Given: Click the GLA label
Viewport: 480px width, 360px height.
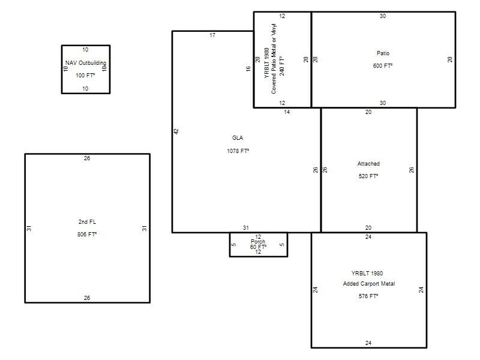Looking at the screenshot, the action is click(x=238, y=138).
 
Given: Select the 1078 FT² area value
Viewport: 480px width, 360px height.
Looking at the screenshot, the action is click(x=238, y=151).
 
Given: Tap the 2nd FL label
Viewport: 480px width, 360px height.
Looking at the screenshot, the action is click(x=87, y=221).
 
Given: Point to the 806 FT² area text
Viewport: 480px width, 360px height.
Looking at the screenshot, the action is click(x=87, y=234).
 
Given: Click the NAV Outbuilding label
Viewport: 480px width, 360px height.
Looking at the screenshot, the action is click(x=86, y=63).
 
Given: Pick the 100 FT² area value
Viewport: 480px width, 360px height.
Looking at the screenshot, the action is click(x=85, y=76).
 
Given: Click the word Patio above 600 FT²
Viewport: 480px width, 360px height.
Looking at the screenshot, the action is click(x=383, y=53).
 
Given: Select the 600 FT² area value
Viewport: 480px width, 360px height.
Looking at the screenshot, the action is click(x=383, y=66).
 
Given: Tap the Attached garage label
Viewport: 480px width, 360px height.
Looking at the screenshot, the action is click(x=368, y=164).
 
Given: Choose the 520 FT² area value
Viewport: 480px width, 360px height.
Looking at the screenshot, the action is click(x=368, y=176).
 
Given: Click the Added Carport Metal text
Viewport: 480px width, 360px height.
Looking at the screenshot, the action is click(x=369, y=284).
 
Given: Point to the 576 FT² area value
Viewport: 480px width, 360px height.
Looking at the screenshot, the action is click(x=368, y=296).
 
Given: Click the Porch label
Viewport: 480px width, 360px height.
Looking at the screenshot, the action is click(x=258, y=242).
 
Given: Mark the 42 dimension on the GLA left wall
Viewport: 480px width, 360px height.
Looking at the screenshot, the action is click(x=176, y=131).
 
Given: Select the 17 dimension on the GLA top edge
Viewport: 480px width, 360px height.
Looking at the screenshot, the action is click(x=212, y=35).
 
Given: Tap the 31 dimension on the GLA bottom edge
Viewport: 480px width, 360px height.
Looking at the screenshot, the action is click(x=246, y=228).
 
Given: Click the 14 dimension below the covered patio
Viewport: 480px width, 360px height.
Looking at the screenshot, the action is click(x=287, y=112).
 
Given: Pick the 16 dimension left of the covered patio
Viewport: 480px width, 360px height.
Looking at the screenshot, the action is click(x=248, y=68).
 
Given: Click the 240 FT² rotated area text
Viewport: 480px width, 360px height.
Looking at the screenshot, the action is click(x=282, y=66).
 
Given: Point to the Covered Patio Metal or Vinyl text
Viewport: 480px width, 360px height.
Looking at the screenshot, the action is click(x=274, y=59).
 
